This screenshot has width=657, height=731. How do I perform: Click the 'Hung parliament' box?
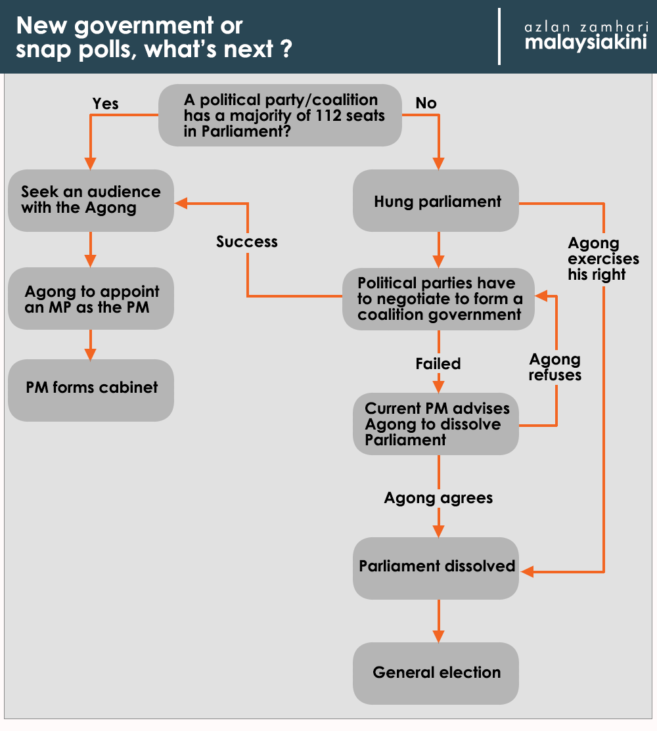coord(436,201)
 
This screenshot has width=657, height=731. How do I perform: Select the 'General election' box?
coord(436,673)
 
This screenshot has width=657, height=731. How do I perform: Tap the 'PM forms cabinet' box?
coord(91,388)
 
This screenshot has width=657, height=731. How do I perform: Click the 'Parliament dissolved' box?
coord(436,567)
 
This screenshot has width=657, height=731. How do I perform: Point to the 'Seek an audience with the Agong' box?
coord(91,200)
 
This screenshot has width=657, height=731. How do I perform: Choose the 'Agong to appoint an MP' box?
coord(91,299)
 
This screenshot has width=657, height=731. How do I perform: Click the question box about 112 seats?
coord(281,115)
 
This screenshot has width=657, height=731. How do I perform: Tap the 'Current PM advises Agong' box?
coord(436,424)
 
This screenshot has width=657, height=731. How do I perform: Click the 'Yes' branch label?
coord(106,104)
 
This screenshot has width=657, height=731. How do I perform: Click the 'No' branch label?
coord(426,104)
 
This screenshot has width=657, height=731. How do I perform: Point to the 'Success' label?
coord(247,242)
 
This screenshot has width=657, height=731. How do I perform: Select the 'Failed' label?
coord(438,364)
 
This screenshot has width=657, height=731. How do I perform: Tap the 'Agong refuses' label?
coord(555,367)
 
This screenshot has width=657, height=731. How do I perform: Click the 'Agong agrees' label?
coord(438,498)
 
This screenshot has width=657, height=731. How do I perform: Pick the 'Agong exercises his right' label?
coord(603,259)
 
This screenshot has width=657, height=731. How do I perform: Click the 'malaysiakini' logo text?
coord(586,43)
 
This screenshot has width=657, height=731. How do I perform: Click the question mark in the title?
coord(285,50)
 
